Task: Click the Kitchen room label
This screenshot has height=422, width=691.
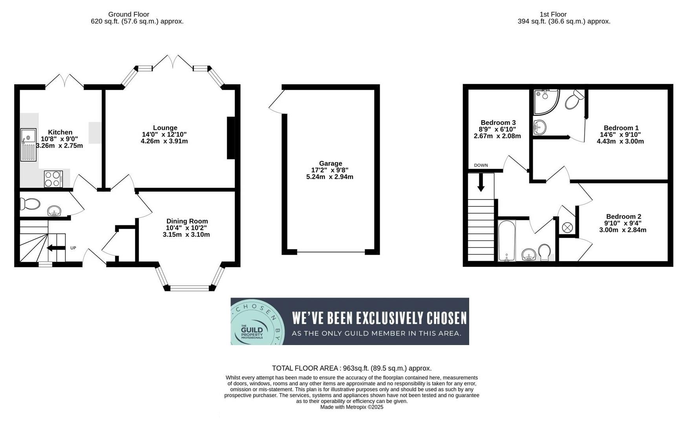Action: coord(60,132)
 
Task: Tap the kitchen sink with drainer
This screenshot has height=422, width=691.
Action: coord(28,145)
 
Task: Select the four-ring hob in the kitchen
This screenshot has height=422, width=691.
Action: coord(53,179)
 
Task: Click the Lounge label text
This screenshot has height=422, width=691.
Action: coord(165,128)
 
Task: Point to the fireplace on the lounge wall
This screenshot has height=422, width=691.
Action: coord(231,138)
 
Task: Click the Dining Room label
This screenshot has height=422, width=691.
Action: coord(187,221)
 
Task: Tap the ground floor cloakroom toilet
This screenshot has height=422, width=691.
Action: coord(30,204)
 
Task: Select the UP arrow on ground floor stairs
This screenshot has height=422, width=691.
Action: coord(56,248)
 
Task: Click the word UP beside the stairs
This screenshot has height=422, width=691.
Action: coord(73,248)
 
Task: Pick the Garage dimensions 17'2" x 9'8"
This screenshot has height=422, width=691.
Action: coord(330,170)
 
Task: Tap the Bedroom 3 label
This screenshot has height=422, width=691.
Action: coord(498,122)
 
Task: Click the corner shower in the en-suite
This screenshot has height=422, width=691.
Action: coord(546,101)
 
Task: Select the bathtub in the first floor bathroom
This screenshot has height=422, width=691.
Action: coord(507,241)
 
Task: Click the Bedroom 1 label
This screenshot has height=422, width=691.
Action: coord(621,128)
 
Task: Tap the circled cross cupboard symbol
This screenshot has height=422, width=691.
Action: coord(567,227)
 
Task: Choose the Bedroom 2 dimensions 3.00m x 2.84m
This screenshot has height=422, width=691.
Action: coord(622,230)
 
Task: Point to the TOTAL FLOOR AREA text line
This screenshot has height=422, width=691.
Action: coord(351,368)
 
